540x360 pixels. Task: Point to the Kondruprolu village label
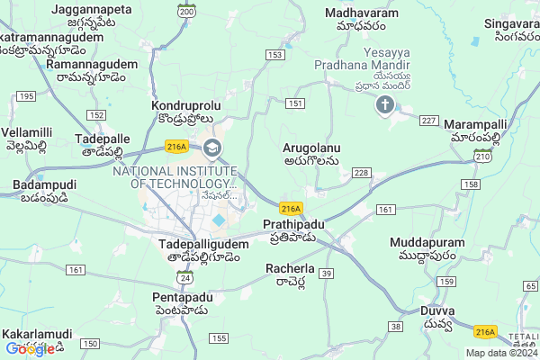[186, 106]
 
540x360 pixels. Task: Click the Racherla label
[290, 268]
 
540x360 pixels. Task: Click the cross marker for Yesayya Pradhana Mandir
[385, 107]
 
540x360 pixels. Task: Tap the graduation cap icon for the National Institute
[212, 147]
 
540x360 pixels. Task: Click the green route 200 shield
[186, 11]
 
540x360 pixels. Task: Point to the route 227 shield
[428, 121]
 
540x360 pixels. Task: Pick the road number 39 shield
[328, 273]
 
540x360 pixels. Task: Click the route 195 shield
[26, 96]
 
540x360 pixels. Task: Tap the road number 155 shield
[218, 337]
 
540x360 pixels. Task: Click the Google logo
[29, 349]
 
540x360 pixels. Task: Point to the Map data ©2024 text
[500, 354]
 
